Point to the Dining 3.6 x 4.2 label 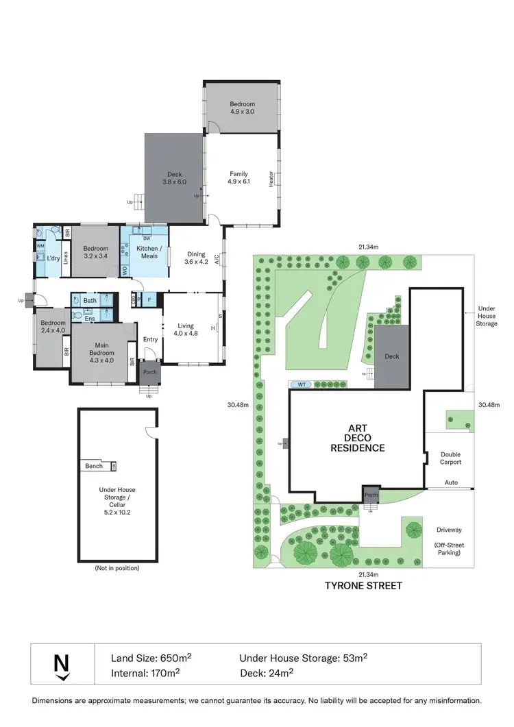click(x=196, y=258)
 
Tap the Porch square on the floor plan click(x=149, y=372)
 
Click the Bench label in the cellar click(x=94, y=466)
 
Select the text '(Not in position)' click(x=117, y=568)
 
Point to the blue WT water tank click(x=302, y=384)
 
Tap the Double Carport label click(x=450, y=458)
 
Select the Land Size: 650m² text click(x=151, y=658)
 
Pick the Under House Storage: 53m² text click(x=303, y=658)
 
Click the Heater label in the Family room click(x=271, y=179)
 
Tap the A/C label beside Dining click(x=217, y=259)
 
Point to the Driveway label click(x=450, y=529)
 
